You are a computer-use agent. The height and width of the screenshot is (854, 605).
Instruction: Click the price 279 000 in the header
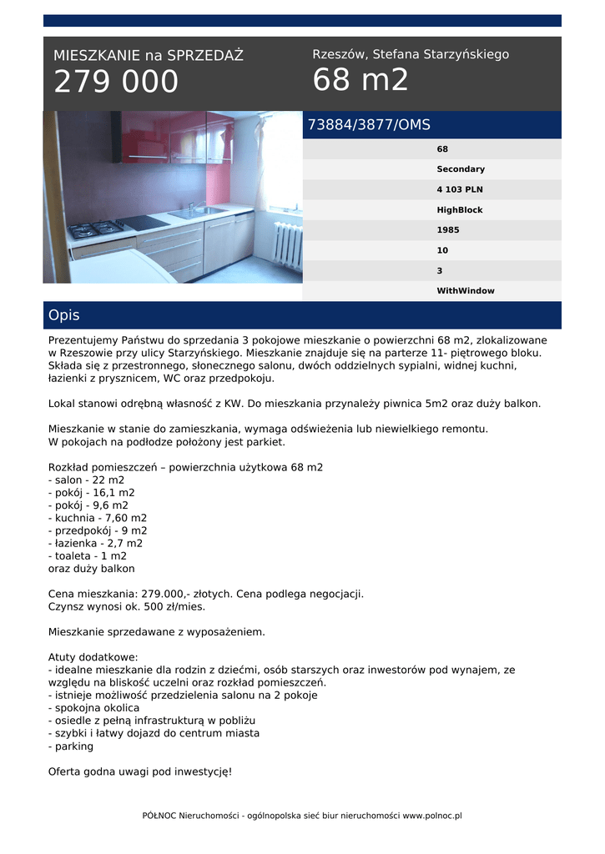point(116,82)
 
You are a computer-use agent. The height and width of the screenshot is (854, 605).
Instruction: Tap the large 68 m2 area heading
point(360,80)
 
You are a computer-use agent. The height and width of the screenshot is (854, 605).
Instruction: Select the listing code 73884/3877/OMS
point(369,125)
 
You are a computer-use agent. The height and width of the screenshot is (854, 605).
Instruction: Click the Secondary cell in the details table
point(460,169)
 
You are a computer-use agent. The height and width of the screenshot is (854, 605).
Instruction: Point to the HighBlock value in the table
point(459,210)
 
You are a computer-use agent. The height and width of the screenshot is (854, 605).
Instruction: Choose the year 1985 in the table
point(447,230)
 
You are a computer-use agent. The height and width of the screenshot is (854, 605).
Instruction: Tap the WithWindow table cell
point(465,291)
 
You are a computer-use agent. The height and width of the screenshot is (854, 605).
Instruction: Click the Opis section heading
point(64,315)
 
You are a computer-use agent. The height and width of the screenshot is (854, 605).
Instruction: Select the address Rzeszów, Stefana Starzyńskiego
point(411,54)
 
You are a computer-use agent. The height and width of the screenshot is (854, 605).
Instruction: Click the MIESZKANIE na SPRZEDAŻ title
point(149,56)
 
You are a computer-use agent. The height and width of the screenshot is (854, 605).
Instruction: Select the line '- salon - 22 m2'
point(87,480)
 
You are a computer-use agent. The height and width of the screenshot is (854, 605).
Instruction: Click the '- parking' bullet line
point(71,746)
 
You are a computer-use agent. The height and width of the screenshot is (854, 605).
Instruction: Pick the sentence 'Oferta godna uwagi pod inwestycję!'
point(140,771)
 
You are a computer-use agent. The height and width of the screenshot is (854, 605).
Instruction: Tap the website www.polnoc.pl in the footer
point(432,816)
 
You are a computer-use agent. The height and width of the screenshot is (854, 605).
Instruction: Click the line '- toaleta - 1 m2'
point(88,556)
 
